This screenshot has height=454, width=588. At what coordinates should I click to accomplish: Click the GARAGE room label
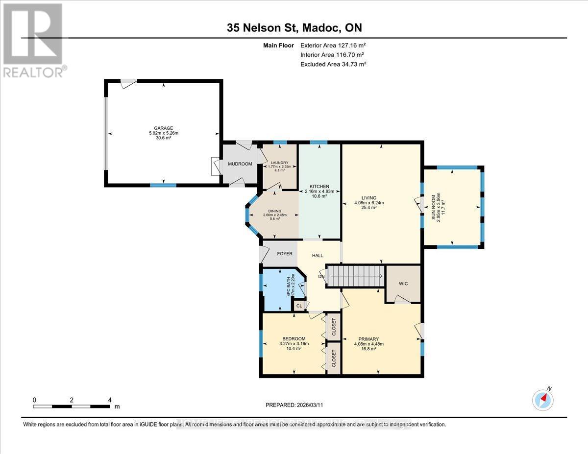click(164, 128)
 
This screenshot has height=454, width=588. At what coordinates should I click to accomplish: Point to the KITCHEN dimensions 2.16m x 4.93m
click(319, 191)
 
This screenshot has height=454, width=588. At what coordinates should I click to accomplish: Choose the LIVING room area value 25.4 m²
click(369, 208)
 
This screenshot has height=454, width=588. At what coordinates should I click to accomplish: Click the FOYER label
click(285, 254)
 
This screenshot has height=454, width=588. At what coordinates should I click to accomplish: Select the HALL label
click(318, 255)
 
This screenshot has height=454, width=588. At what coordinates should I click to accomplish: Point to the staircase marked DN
click(355, 277)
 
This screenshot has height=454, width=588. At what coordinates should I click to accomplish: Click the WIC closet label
click(403, 284)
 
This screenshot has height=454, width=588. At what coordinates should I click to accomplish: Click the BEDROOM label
click(294, 338)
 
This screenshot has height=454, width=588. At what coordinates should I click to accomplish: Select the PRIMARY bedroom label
click(368, 338)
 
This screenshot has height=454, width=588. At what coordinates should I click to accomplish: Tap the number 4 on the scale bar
click(110, 400)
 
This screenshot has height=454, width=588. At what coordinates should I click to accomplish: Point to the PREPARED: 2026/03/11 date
click(294, 405)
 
